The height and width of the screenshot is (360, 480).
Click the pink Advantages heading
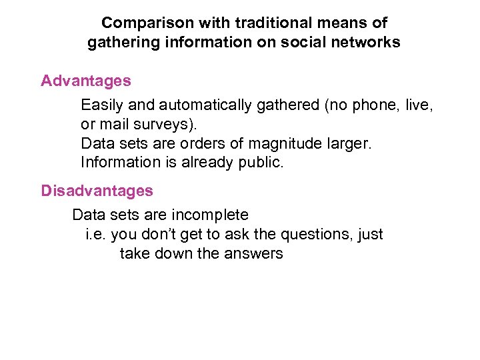click(x=86, y=81)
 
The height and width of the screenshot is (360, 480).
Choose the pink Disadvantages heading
click(x=97, y=191)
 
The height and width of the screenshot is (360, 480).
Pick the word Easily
click(x=101, y=105)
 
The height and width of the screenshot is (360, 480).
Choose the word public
click(x=263, y=163)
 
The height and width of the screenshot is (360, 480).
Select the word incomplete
click(x=210, y=215)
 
